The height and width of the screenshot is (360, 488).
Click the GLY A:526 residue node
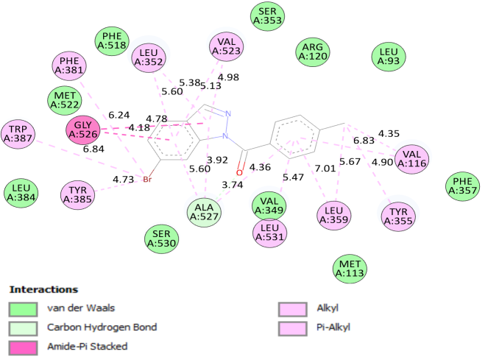coord(83,130)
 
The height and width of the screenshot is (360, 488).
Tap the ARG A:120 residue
coord(313,52)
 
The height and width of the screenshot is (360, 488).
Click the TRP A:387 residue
coord(18,133)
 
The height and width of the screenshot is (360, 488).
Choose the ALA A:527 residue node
coord(204,211)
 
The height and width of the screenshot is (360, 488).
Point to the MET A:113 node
coord(350,269)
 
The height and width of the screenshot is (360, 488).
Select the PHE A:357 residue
coord(462,187)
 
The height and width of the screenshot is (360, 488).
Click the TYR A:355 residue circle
coord(399,216)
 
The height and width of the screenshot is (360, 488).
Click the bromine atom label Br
coord(147,179)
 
